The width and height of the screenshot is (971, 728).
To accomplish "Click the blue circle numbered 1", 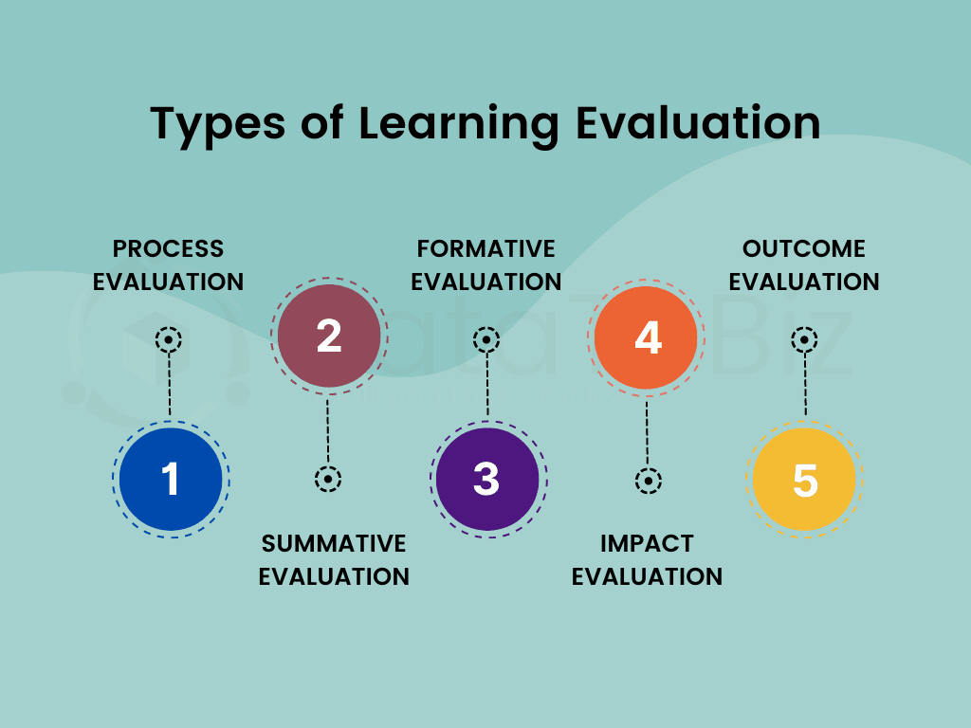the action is click(x=171, y=479).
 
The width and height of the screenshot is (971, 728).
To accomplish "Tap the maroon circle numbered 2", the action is click(x=329, y=337).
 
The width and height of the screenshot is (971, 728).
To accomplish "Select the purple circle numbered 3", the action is click(x=487, y=479).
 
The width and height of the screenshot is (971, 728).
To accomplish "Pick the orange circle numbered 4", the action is click(x=646, y=337).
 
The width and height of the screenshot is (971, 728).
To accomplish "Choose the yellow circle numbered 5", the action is click(x=804, y=479).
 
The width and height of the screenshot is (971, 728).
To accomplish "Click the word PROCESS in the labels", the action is click(x=168, y=249).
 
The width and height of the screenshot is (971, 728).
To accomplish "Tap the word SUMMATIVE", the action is click(x=334, y=543).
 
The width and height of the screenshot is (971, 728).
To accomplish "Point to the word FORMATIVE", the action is click(x=486, y=249).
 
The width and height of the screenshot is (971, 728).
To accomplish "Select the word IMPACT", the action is click(x=647, y=543).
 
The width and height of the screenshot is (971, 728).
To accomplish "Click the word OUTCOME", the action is click(x=804, y=249).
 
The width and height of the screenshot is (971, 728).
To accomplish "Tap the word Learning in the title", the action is click(x=459, y=125).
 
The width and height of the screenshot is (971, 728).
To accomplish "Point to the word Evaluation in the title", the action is click(x=698, y=122).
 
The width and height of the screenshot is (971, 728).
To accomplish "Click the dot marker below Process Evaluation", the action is click(x=169, y=340).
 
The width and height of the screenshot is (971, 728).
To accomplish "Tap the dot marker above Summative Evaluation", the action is click(x=327, y=479).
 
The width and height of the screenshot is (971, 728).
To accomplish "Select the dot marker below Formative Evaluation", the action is click(x=486, y=340).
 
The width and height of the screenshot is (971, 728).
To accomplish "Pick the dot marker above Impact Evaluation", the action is click(x=649, y=481).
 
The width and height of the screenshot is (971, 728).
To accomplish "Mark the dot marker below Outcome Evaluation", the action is click(x=804, y=340).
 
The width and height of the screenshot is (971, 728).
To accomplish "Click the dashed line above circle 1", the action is click(x=170, y=385).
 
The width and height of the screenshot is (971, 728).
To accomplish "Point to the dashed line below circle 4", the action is click(x=647, y=433).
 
